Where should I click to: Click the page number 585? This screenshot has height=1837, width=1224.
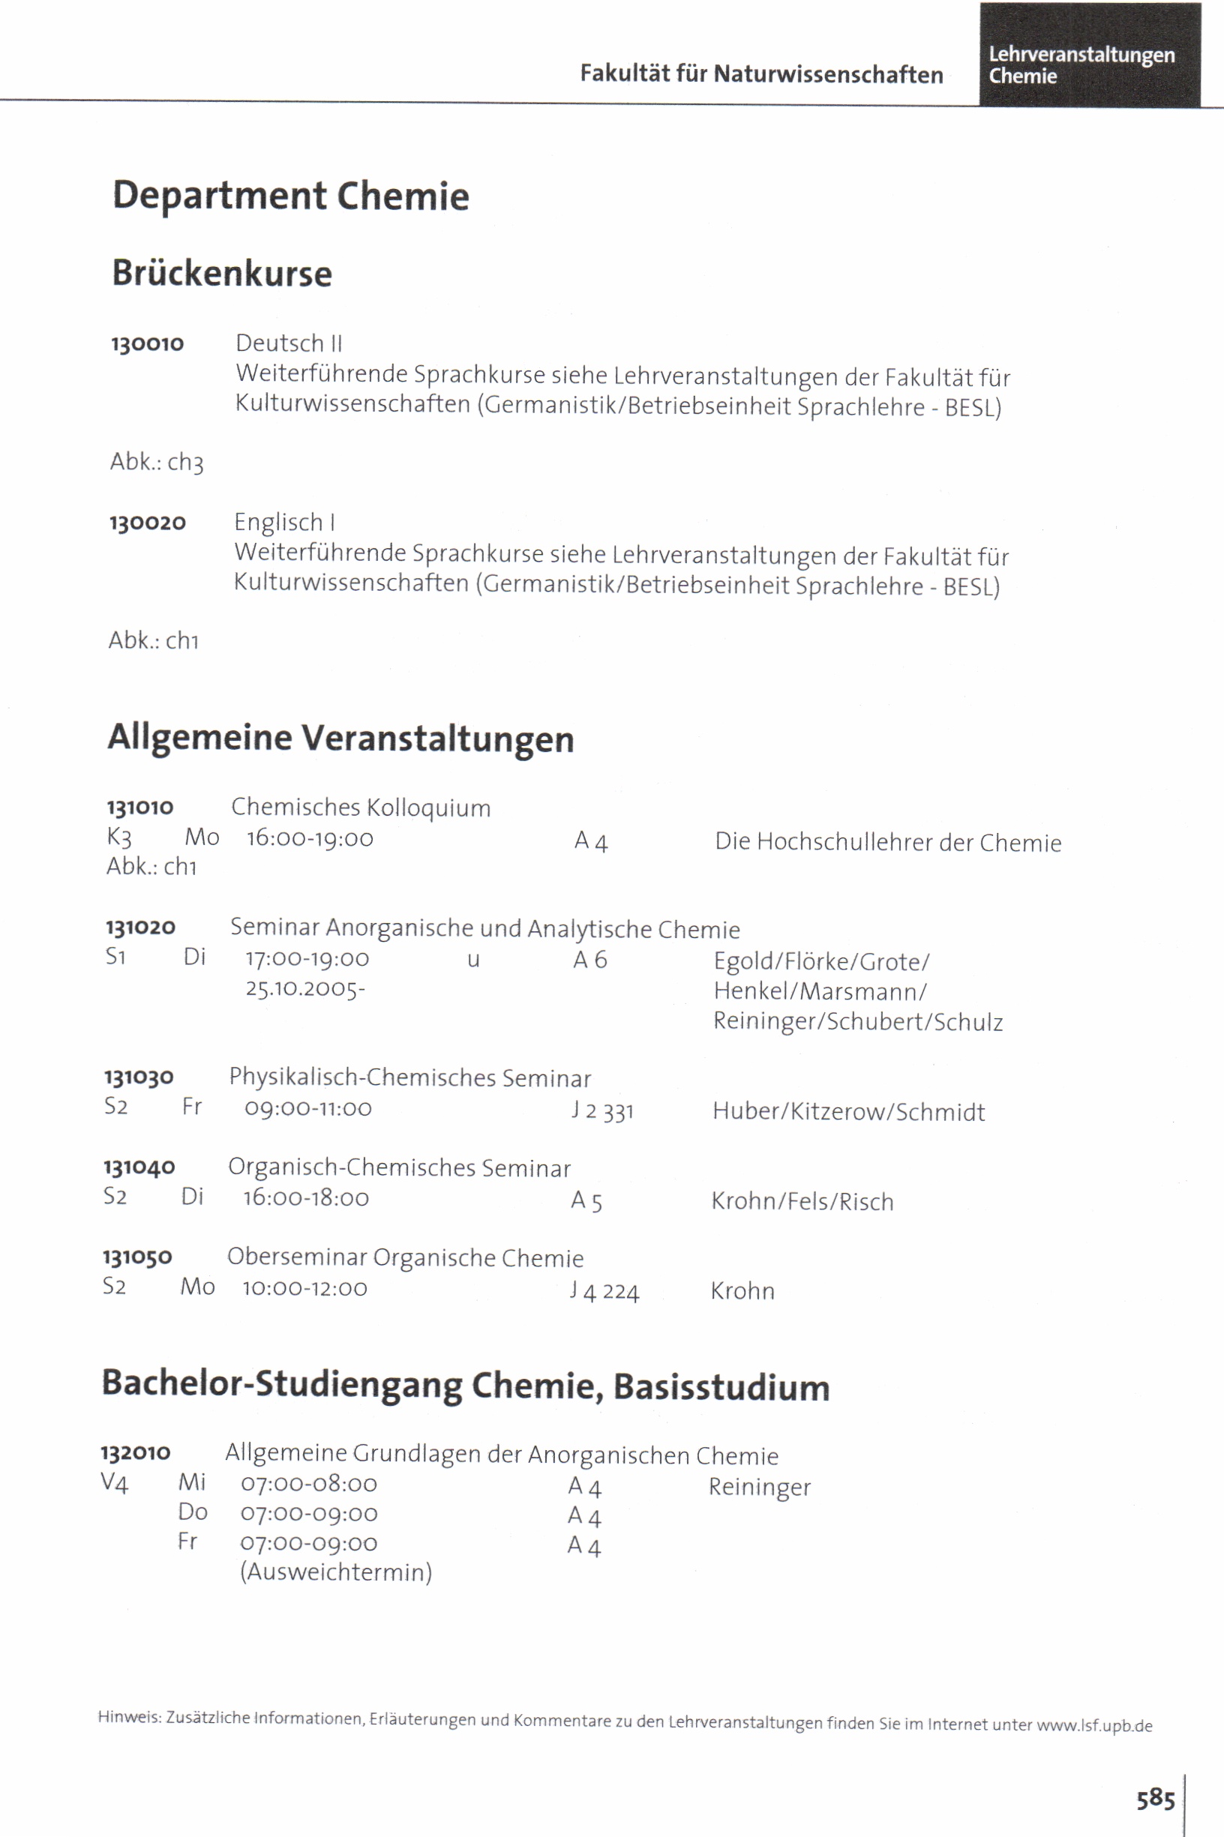click(x=1155, y=1799)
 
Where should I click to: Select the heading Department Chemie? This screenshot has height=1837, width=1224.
click(x=290, y=195)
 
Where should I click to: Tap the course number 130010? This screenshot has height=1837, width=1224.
click(x=148, y=343)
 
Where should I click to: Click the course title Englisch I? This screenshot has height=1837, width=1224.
click(x=285, y=522)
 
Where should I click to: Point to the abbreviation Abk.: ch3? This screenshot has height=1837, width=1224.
click(x=157, y=461)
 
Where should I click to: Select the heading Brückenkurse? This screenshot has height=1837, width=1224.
click(x=223, y=273)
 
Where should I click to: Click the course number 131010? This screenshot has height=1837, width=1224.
click(x=140, y=807)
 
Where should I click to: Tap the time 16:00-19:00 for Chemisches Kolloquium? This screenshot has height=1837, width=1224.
click(x=310, y=838)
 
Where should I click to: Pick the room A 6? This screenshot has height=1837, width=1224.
click(x=589, y=960)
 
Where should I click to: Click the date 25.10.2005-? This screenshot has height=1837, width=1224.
click(x=305, y=989)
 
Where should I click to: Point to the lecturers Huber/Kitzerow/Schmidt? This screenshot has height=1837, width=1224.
click(x=848, y=1111)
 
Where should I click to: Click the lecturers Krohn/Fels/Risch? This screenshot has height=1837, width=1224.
click(x=802, y=1201)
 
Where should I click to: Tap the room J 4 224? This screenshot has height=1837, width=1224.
click(x=604, y=1291)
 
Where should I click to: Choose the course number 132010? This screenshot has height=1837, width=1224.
click(x=136, y=1452)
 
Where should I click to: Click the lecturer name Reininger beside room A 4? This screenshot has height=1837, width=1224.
click(x=760, y=1488)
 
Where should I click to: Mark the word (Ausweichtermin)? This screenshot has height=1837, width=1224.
click(x=336, y=1572)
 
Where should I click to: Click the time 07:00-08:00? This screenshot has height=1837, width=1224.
click(x=309, y=1484)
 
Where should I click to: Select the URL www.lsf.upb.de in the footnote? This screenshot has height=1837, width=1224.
click(x=1094, y=1725)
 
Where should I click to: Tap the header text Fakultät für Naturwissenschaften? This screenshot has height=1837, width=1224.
click(x=761, y=74)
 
